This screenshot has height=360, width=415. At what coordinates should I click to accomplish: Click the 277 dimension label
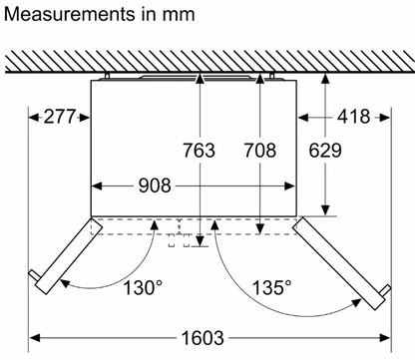(60, 117)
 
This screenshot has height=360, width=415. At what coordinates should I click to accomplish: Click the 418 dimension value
(353, 117)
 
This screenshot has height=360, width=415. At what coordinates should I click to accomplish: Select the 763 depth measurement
(200, 150)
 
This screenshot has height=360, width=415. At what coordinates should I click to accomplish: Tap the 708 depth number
(260, 150)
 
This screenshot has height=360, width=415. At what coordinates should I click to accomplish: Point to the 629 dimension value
(325, 150)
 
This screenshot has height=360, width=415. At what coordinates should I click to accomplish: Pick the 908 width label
(155, 185)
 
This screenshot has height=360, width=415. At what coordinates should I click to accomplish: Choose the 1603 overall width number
(203, 338)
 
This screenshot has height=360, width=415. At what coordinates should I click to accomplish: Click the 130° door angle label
(144, 287)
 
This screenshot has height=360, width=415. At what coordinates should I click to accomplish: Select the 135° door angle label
(272, 287)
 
